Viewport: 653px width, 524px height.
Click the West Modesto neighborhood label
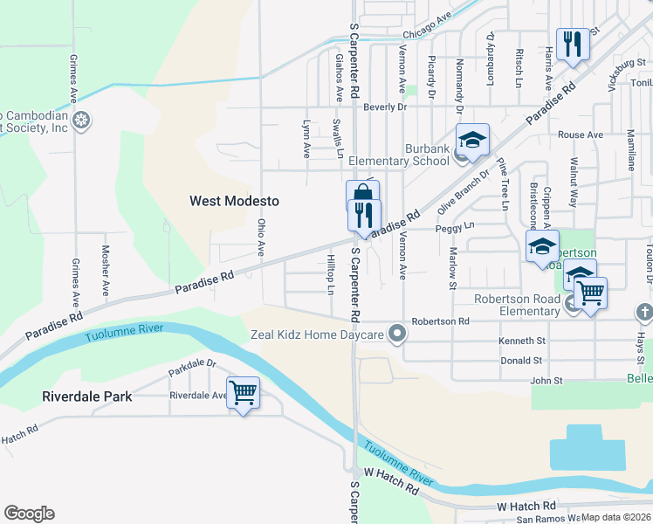tap(235, 201)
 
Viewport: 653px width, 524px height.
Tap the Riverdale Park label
tap(87, 396)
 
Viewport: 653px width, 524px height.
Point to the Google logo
tap(29, 514)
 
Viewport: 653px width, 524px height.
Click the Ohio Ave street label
tap(260, 237)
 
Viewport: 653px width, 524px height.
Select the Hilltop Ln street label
tap(331, 274)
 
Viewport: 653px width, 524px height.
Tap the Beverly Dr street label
tap(385, 107)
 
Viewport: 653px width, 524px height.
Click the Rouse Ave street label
tap(581, 135)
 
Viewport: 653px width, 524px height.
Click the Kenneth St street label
tap(522, 341)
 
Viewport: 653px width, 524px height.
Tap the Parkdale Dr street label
tap(192, 370)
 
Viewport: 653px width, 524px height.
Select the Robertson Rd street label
tap(441, 321)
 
